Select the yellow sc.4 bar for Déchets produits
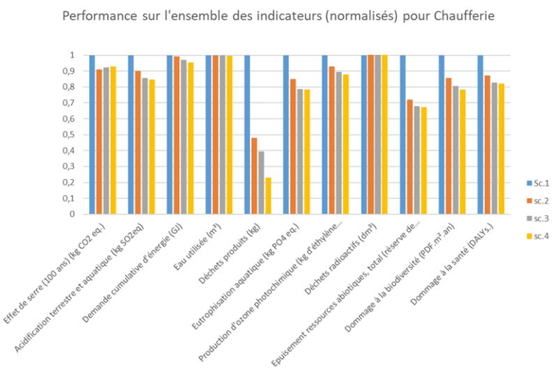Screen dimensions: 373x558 [269, 196]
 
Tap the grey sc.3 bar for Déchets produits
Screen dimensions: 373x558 [262, 183]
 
